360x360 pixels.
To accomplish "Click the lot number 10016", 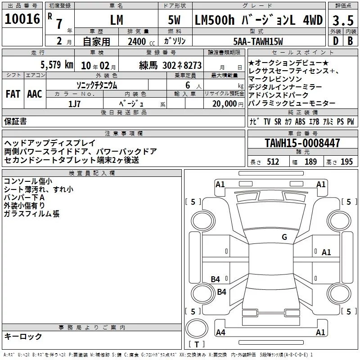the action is (22, 19).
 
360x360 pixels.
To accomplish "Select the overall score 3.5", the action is (343, 20).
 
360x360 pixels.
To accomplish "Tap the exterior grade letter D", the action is (336, 41).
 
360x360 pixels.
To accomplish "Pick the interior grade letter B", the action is (350, 41).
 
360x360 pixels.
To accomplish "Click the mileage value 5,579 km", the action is (57, 65).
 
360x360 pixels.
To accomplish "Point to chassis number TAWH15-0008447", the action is (302, 143).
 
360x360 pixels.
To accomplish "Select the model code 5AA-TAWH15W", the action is (258, 41).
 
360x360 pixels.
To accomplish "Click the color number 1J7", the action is (74, 104).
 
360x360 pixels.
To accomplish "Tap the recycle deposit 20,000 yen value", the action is (228, 104).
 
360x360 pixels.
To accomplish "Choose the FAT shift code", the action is (13, 94).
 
